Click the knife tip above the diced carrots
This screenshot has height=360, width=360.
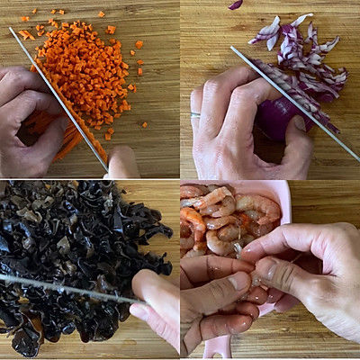pos(12,31)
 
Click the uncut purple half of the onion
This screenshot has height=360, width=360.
pos(279,117)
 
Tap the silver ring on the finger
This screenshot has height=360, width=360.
pos(195,115)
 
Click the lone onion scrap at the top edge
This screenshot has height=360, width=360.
pos(235,4)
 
